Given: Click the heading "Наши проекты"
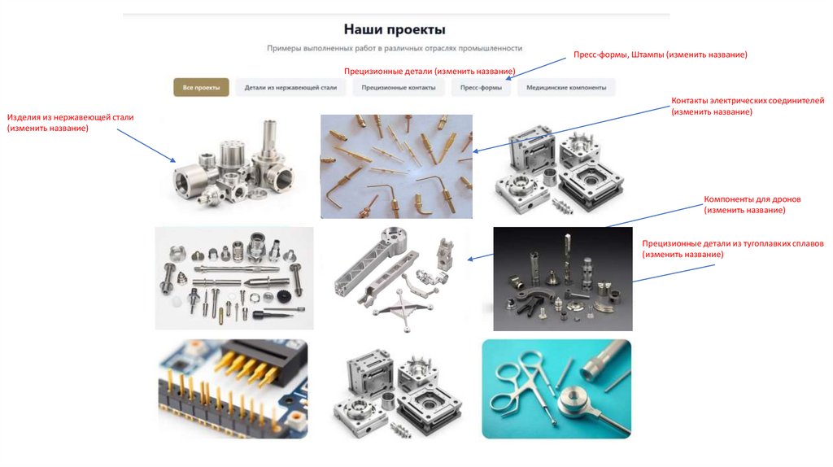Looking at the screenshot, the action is (395, 29).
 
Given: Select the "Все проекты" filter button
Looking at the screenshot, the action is (202, 88).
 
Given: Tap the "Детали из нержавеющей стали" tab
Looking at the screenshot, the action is (290, 88).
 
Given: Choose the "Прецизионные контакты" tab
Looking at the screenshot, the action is (399, 88).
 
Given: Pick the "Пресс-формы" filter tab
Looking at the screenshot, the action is (482, 88).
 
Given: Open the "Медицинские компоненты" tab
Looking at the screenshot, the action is (566, 88).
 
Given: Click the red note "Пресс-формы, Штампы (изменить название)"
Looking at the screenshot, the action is (661, 55).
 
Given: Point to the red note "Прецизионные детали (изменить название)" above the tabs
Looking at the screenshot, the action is (430, 72).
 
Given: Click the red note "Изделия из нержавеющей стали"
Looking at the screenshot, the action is (70, 117).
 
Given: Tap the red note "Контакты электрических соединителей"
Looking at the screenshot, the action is (748, 100).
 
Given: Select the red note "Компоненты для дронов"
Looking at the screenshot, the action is (752, 199).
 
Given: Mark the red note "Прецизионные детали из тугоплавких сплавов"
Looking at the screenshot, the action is (733, 243).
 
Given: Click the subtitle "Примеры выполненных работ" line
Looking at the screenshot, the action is (395, 48).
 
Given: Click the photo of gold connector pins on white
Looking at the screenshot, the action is (396, 166).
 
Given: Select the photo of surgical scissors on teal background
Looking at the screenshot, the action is (556, 389).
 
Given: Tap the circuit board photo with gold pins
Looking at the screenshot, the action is (233, 389).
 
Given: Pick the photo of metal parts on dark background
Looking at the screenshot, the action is (563, 279).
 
